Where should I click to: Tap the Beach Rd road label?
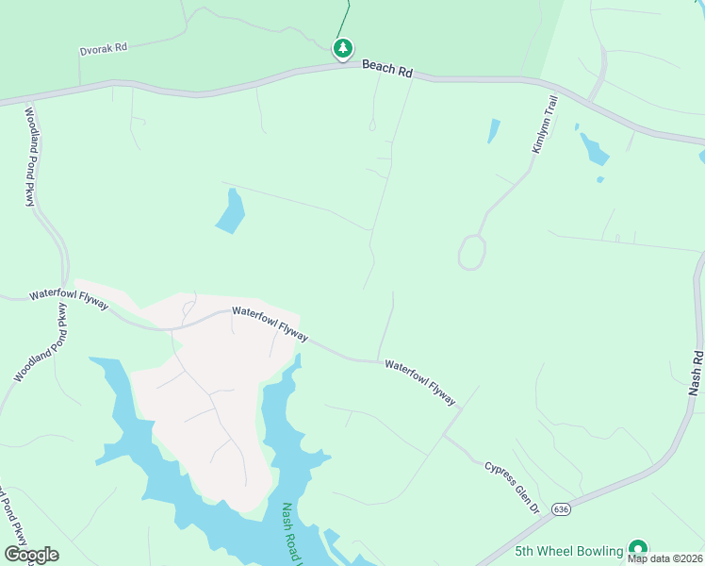[387, 69]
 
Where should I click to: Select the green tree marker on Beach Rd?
[342, 48]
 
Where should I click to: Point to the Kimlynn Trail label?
[546, 124]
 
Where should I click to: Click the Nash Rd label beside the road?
[696, 373]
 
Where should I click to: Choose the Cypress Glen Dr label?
[511, 488]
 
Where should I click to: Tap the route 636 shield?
[562, 509]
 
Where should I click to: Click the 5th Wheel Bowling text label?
[569, 551]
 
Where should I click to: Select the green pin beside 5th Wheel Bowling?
[638, 549]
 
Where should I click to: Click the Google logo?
[31, 555]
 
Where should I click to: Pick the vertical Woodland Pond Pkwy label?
[30, 157]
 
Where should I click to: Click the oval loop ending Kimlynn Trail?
[471, 252]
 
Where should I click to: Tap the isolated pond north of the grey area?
[231, 211]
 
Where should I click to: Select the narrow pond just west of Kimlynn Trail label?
[493, 131]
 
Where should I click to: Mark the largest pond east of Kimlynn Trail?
[594, 148]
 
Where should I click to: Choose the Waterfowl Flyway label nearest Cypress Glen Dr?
[420, 380]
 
